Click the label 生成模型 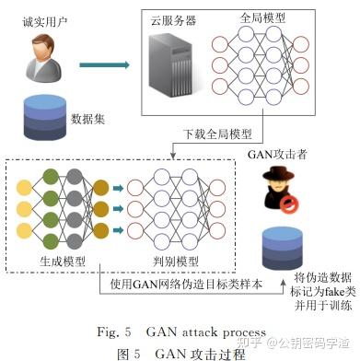[64, 262]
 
